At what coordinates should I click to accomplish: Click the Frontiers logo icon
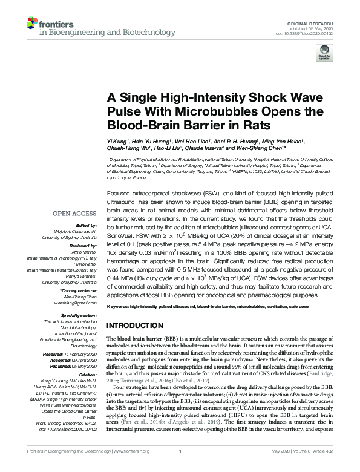tap(32, 24)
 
